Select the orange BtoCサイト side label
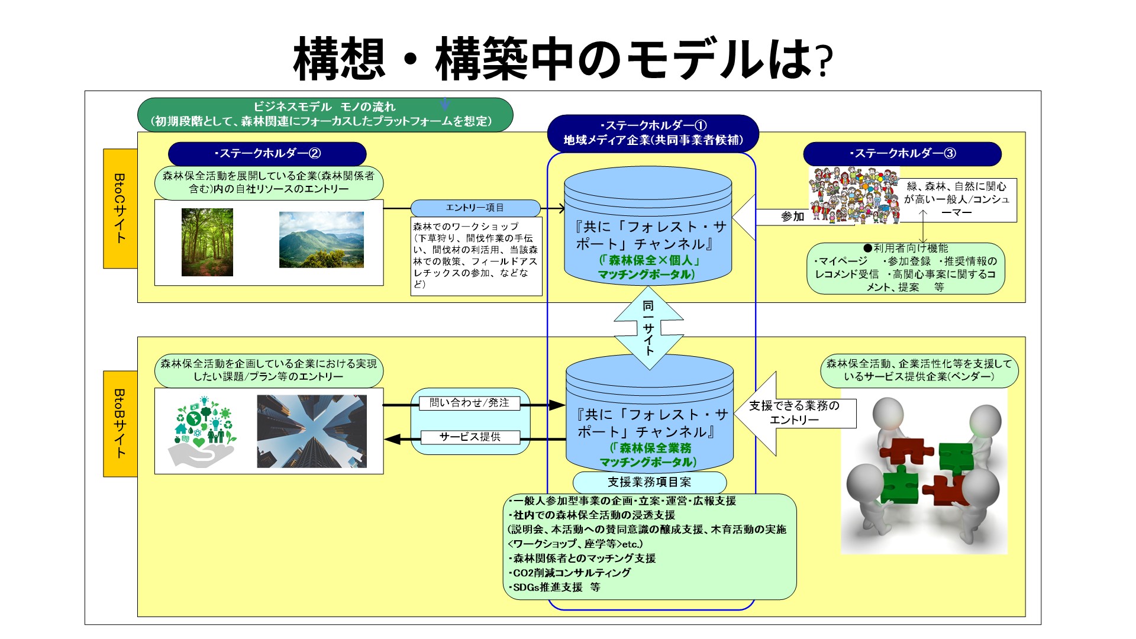pos(120,208)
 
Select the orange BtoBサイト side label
pos(120,424)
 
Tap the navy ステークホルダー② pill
pos(267,154)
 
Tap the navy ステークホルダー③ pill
pos(902,154)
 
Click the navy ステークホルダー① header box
pos(653,133)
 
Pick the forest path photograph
pos(207,242)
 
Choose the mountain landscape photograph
pos(321,240)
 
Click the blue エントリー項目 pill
pos(475,208)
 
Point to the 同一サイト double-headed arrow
pos(649,328)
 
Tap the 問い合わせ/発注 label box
pos(469,403)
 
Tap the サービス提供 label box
pos(470,437)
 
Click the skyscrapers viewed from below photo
pos(312,431)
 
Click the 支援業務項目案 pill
pos(649,482)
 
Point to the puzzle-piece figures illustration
pos(924,470)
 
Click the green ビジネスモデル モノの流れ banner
pos(325,114)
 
